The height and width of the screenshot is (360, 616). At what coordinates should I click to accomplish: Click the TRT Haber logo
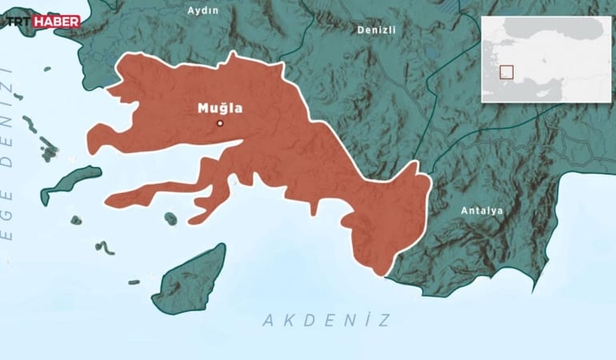[44, 22]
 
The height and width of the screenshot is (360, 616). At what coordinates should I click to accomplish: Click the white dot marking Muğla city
[220, 123]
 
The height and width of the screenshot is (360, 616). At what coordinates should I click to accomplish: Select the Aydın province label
[202, 10]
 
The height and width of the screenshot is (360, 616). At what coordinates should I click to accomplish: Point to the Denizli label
[375, 29]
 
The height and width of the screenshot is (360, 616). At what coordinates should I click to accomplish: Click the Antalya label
[482, 210]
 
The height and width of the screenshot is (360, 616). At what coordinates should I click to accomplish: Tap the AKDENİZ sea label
[327, 321]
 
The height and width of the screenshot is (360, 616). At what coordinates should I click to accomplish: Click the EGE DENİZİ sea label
[9, 160]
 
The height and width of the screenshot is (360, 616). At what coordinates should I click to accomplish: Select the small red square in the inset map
[506, 72]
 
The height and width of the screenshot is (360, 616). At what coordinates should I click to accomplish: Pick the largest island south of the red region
[188, 279]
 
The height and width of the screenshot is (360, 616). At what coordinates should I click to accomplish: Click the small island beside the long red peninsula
[170, 218]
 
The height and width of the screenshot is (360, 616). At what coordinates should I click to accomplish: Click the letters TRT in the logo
[23, 22]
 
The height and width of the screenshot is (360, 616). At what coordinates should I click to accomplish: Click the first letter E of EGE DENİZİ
[9, 257]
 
